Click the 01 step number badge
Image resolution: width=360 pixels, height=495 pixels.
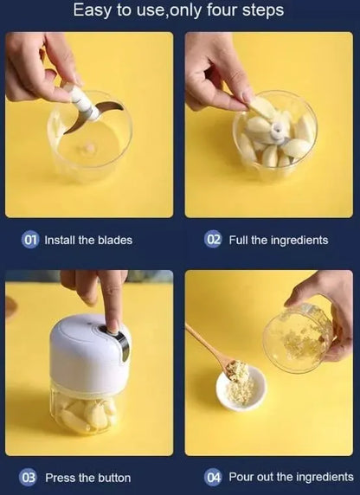30,240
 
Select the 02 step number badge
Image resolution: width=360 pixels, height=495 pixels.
213,240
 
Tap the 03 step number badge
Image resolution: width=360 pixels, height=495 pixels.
29,477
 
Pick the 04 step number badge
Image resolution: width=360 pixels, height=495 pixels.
213,477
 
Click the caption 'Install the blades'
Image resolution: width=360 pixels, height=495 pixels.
88,240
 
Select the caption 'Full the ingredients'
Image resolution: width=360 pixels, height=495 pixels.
278,240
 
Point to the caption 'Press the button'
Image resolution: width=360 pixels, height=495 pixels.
87,477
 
